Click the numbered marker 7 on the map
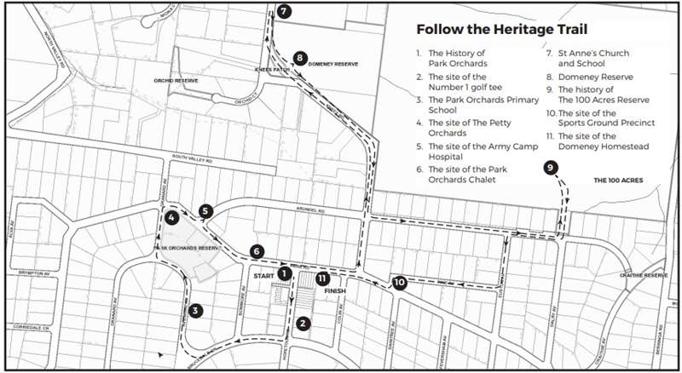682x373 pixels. coord(284,11)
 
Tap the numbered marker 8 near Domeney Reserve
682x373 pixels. coord(299,58)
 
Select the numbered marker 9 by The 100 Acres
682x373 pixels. coord(551,168)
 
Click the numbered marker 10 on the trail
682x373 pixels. coord(399,283)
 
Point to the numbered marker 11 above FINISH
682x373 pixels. coord(322,278)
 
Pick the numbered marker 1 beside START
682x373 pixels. coord(286,275)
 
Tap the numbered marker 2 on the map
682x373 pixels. coord(302,323)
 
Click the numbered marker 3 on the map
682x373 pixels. coord(196,311)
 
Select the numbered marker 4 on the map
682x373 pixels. coord(172,217)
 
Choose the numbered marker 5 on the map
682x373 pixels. coord(205,210)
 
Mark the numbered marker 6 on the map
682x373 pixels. coord(257,251)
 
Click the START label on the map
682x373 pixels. coord(263,276)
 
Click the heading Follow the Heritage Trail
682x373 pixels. coord(501,29)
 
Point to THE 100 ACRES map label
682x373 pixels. coord(618,181)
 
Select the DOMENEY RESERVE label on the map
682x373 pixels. coord(333,64)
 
